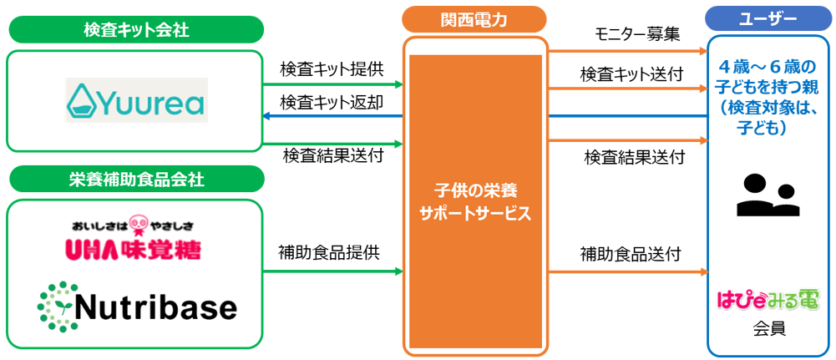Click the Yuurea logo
[136, 100]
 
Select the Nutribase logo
[137, 307]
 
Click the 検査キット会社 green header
[136, 30]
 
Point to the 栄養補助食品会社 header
[136, 179]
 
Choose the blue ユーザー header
[768, 18]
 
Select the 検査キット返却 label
[332, 102]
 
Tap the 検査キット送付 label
[632, 74]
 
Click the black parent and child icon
[767, 195]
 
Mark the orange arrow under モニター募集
[626, 52]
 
